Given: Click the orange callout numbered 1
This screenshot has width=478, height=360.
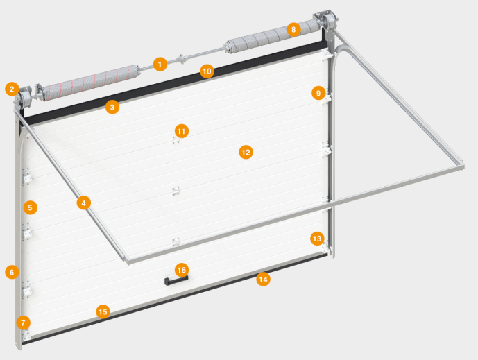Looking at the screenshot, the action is (x=160, y=65).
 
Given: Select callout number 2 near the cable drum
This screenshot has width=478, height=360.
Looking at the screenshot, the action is (x=12, y=89).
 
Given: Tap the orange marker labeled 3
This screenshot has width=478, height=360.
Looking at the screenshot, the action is (x=112, y=107).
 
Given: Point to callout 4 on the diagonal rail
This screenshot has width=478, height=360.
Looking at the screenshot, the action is (x=83, y=203).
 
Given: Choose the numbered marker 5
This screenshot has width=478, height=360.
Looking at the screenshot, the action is (x=31, y=207).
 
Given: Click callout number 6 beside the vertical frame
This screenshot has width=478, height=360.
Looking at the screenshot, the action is (x=12, y=272).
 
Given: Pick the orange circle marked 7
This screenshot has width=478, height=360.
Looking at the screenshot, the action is (x=23, y=323).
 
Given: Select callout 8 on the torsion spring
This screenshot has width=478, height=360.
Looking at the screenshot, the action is (x=293, y=30).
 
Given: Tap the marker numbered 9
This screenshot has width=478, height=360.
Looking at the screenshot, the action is (x=318, y=93).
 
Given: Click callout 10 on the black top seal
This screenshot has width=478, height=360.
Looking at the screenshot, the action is (x=207, y=71).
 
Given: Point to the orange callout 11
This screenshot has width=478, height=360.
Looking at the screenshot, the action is (x=182, y=131).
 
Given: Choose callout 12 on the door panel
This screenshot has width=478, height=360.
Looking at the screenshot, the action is (x=246, y=152).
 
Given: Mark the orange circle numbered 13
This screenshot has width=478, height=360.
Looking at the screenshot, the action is (x=317, y=239).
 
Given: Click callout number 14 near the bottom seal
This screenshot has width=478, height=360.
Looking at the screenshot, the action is (x=263, y=279).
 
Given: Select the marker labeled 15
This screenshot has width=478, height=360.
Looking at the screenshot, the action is (x=103, y=311).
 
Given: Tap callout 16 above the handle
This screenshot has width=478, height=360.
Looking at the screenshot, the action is (x=182, y=270).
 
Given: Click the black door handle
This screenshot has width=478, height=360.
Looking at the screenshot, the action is (x=176, y=280).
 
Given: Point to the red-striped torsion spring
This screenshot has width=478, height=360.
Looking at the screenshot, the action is (x=90, y=83).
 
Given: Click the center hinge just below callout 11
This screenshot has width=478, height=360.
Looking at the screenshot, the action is (x=176, y=140).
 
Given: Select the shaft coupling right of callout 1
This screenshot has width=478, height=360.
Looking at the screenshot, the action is (x=181, y=58).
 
